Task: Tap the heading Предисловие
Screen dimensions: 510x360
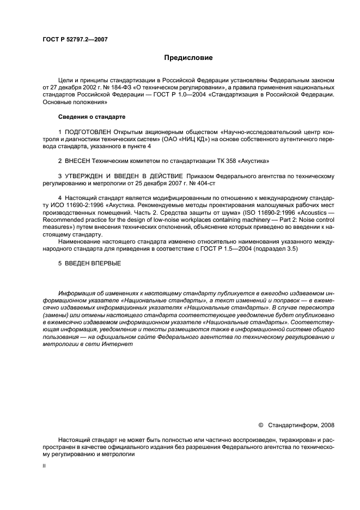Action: click(x=188, y=57)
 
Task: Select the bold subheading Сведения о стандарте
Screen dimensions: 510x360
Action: click(x=91, y=117)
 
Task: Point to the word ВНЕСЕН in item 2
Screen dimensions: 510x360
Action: click(x=78, y=162)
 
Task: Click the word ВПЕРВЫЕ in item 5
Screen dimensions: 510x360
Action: click(x=106, y=263)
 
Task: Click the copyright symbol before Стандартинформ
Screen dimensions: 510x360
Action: click(x=260, y=424)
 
